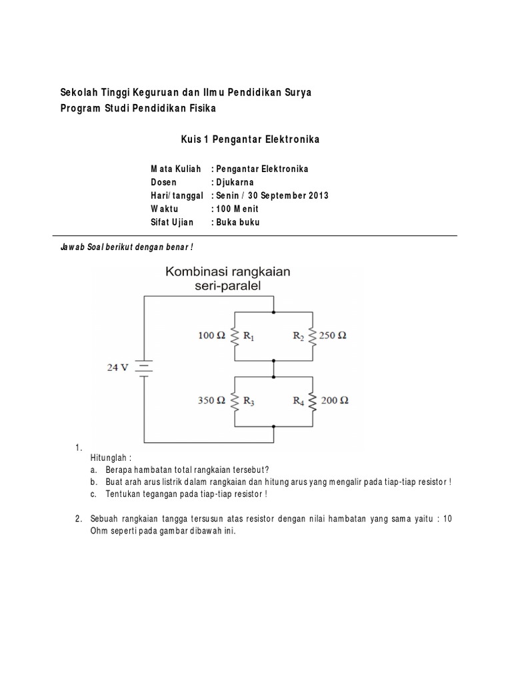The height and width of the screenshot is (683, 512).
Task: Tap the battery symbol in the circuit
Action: click(x=144, y=367)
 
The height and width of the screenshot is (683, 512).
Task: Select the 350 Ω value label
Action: click(x=213, y=401)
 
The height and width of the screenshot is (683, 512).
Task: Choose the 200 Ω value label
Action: click(x=335, y=401)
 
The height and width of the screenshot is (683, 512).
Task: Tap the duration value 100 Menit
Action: click(x=235, y=209)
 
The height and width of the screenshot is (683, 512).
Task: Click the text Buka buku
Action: click(x=237, y=222)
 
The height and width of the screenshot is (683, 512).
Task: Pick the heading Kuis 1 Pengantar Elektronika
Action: click(x=251, y=139)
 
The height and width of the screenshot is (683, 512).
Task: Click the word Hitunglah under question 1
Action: click(x=110, y=458)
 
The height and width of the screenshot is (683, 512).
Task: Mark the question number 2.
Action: click(x=78, y=518)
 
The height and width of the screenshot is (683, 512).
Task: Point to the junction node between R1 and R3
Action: click(x=273, y=361)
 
